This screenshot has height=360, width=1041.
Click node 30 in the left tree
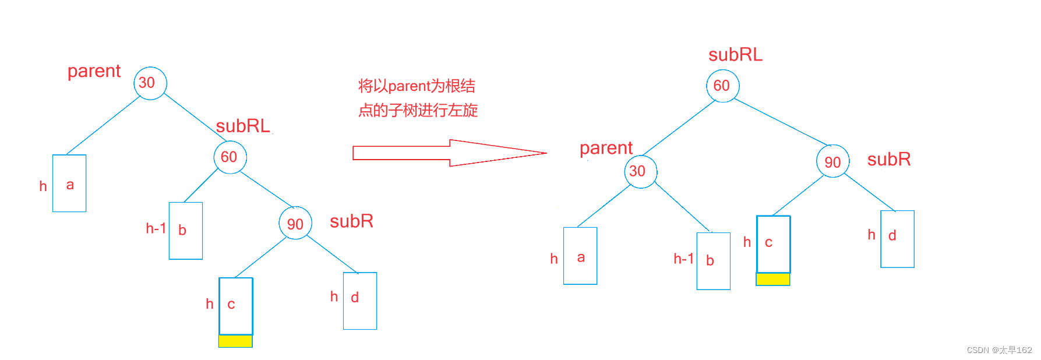(x=150, y=83)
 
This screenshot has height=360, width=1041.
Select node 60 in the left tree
(x=230, y=157)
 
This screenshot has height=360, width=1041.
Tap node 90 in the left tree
(x=295, y=224)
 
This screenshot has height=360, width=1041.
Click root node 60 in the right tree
(x=722, y=86)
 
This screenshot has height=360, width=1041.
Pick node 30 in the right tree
(x=640, y=171)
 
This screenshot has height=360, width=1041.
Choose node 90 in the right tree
(x=832, y=161)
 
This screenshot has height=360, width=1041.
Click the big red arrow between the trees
(x=449, y=153)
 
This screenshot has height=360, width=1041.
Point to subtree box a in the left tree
(x=69, y=183)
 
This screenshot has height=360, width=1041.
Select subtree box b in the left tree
(x=186, y=231)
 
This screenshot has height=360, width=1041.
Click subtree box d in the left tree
(x=360, y=301)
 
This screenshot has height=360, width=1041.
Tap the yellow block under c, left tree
(x=235, y=341)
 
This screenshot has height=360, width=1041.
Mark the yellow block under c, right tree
(x=773, y=279)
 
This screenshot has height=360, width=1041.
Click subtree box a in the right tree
(x=580, y=256)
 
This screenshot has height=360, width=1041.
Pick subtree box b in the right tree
(x=714, y=261)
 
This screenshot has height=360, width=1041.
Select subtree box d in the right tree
(x=897, y=239)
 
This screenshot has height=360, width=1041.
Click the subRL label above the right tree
(x=735, y=55)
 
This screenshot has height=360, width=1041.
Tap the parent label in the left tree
(x=94, y=71)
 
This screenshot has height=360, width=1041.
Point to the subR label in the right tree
(x=888, y=159)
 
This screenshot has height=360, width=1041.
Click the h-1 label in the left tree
(x=156, y=228)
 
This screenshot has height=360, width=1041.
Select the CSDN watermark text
(x=999, y=350)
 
